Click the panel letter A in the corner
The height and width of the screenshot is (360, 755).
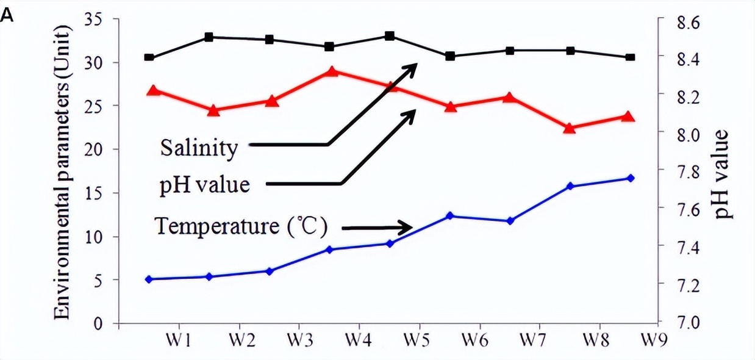coord(7,15)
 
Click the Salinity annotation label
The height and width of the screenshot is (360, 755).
coord(199,148)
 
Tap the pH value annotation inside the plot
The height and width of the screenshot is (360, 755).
coord(205,184)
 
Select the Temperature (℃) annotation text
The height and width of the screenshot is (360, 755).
coord(242,228)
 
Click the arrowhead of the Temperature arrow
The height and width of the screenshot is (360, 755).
coord(410,228)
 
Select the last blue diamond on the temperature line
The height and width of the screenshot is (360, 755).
coord(631,178)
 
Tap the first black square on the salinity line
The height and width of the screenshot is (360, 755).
coord(149,57)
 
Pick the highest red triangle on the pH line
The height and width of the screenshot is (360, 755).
coord(332,72)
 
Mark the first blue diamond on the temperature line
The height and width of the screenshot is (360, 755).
coord(149,279)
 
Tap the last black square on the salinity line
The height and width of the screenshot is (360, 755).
coord(631,57)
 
